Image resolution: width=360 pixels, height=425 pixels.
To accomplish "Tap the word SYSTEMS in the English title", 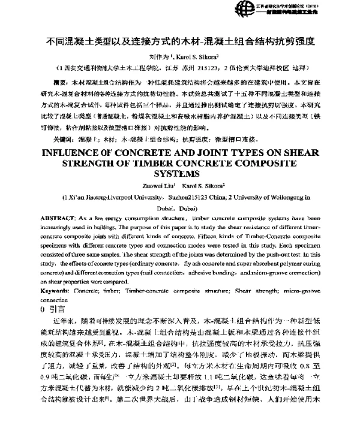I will pos(180,174).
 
